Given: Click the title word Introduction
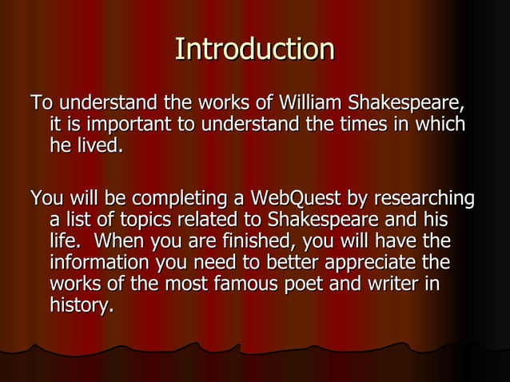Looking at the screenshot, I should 254,50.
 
